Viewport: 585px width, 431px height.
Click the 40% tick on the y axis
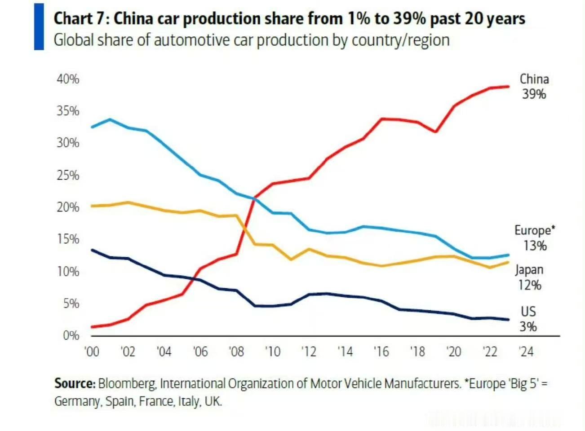coord(68,79)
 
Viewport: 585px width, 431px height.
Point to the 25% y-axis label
coord(68,175)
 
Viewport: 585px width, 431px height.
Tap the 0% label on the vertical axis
coord(71,335)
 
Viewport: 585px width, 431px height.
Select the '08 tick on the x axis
coord(236,351)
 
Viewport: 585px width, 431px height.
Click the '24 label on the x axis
coord(526,351)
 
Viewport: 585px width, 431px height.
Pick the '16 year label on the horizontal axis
coord(381,351)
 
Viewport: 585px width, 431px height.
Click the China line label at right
coord(534,79)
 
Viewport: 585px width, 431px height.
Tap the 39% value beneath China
coord(534,94)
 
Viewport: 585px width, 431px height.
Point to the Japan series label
coord(529,270)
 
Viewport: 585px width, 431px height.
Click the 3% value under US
coord(528,326)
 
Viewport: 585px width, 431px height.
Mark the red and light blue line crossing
coord(254,198)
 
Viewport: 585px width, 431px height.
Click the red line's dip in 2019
coord(435,132)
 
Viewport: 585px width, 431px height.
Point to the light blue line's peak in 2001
coord(110,119)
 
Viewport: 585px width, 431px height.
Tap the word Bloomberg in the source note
coord(127,383)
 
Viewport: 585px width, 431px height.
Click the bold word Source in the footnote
coord(74,383)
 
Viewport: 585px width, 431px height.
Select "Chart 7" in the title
coord(79,19)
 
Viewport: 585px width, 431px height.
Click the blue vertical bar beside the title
coord(39,26)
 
